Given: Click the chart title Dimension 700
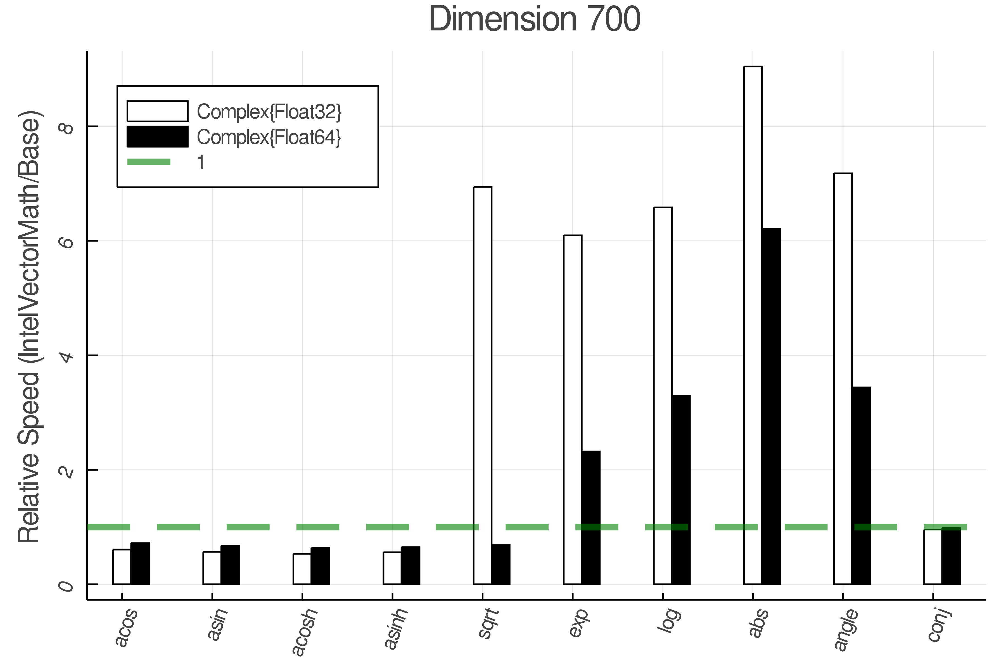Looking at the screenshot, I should click(x=534, y=19).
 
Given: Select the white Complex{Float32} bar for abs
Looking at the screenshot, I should click(x=753, y=325).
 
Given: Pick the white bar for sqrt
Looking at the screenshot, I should click(x=483, y=385).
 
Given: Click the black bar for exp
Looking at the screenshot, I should click(x=591, y=517).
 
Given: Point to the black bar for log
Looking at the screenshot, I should click(x=681, y=489).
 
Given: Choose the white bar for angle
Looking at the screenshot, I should click(x=843, y=378).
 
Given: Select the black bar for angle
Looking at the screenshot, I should click(x=861, y=485).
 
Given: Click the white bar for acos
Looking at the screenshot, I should click(x=122, y=567).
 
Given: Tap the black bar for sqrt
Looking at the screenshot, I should click(x=500, y=564).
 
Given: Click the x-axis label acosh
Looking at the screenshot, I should click(x=305, y=632).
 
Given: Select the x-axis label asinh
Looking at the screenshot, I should click(x=396, y=629).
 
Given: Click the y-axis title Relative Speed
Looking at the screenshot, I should click(x=29, y=327).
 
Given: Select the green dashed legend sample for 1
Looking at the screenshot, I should click(x=149, y=162).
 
